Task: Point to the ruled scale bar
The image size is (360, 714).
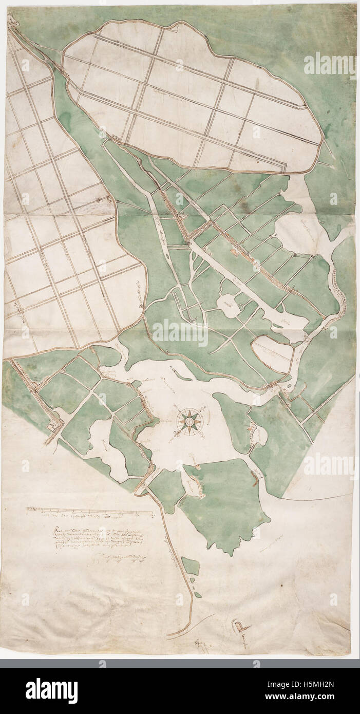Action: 90,511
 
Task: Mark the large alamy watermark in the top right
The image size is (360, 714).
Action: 329,65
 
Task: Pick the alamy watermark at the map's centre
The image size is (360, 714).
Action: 180,333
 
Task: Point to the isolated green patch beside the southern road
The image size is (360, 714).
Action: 191,566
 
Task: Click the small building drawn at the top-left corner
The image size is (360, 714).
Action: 12,21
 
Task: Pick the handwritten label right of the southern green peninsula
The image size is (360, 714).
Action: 272,539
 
